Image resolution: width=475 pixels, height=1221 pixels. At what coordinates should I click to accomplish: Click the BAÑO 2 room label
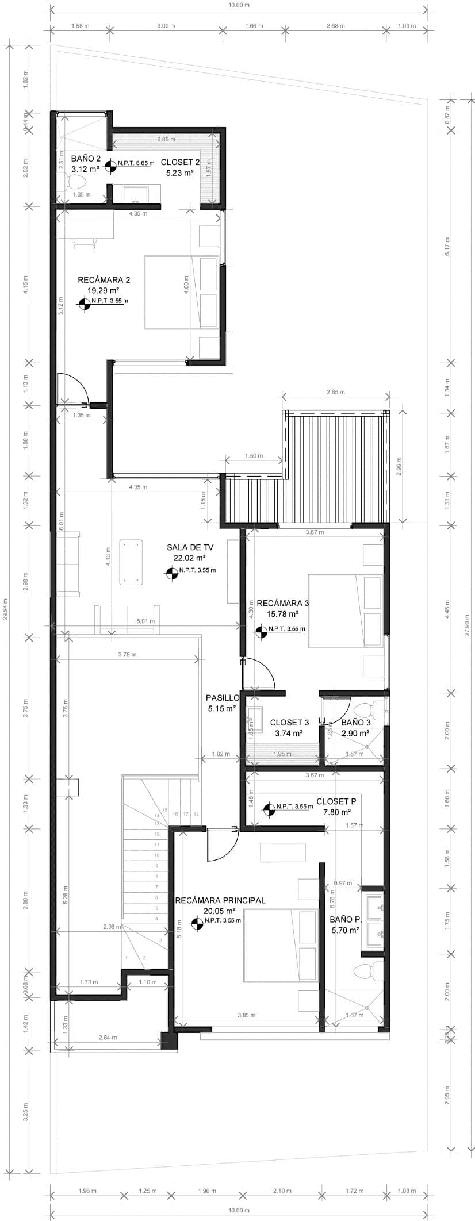86,158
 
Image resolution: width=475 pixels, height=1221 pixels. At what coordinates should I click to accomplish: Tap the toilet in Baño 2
76,183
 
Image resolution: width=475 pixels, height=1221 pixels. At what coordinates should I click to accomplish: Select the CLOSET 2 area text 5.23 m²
180,172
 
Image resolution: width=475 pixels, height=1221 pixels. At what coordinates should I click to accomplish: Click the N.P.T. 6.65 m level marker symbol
112,164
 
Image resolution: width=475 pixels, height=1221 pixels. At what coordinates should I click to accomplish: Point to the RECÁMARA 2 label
104,280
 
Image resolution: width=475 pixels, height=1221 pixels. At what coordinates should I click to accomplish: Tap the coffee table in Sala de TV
131,562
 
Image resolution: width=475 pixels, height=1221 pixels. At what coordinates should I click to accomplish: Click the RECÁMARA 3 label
282,603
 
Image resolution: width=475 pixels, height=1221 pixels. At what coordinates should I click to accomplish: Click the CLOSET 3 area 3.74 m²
289,733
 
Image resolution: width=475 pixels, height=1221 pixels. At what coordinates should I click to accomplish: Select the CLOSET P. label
337,801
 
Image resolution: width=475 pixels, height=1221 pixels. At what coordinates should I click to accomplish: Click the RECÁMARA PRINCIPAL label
220,900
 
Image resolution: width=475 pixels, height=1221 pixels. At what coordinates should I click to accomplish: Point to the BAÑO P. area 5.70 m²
345,930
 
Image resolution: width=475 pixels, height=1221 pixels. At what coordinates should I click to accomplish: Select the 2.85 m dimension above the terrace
335,392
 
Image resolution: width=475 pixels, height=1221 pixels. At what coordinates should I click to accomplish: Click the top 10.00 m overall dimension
239,5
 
